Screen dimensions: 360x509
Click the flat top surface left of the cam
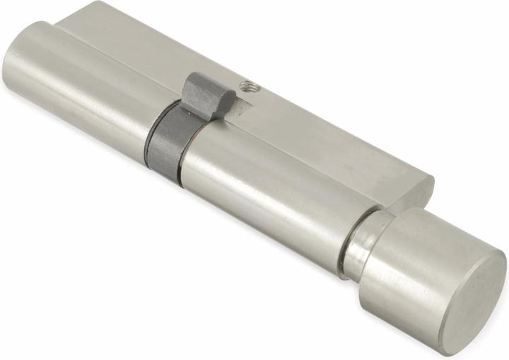(x=127, y=50)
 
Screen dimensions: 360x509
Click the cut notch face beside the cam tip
(x=240, y=108)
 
